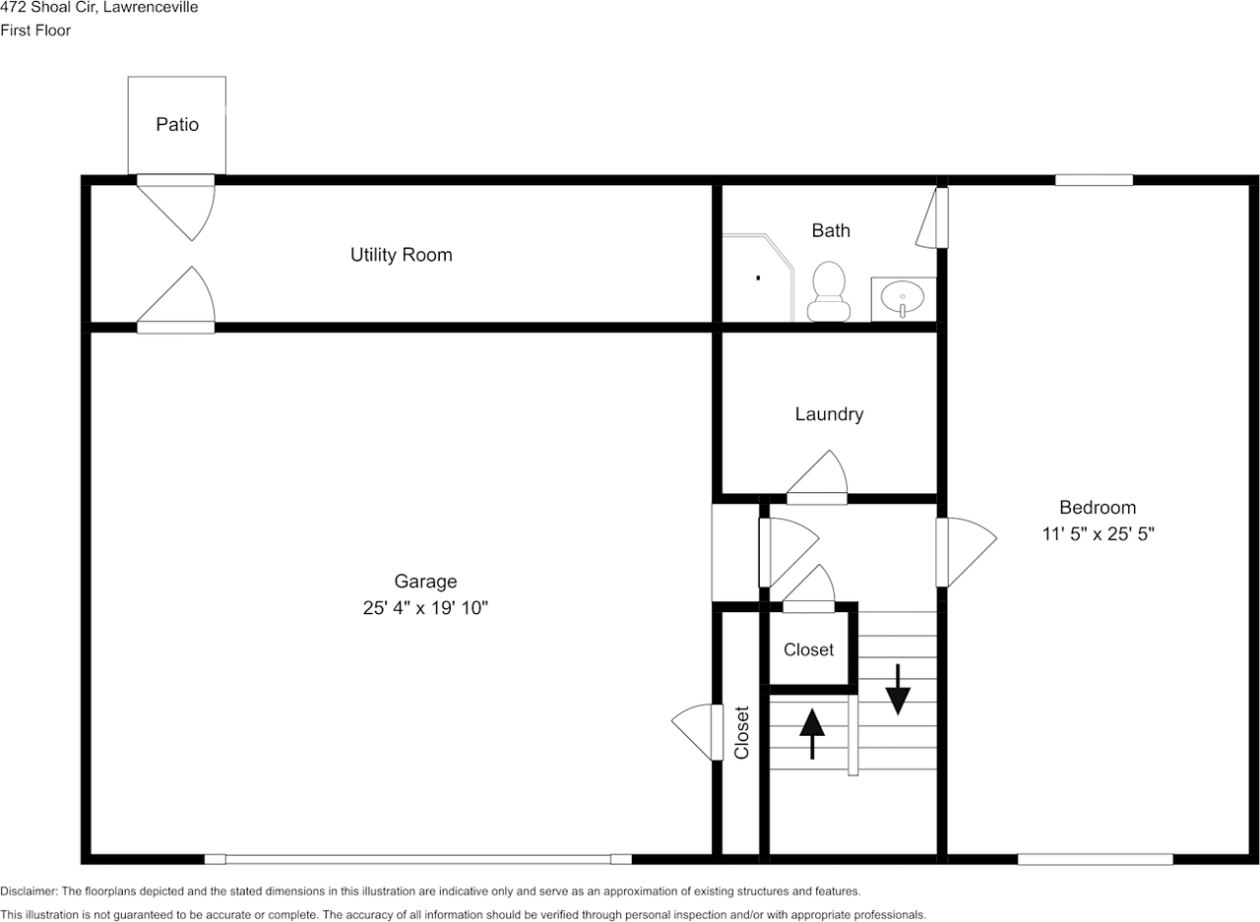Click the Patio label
coord(177,124)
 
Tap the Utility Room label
coord(401,255)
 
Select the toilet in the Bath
coord(829,291)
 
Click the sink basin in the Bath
coord(903,297)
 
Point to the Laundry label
coord(829,414)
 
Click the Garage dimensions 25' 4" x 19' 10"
coord(425,608)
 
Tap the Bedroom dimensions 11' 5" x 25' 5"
coord(1098,533)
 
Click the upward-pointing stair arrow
coord(812,734)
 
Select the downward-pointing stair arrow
coord(898,689)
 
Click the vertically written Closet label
coord(742,732)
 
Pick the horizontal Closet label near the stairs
coord(808,649)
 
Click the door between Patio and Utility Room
coord(176,208)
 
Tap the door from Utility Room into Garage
coord(176,300)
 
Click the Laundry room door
coord(817,477)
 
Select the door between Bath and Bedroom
coord(932,217)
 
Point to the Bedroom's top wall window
coord(1094,180)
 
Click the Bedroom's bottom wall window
coord(1096,860)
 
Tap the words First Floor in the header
coord(35,31)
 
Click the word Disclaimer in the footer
coord(29,891)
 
